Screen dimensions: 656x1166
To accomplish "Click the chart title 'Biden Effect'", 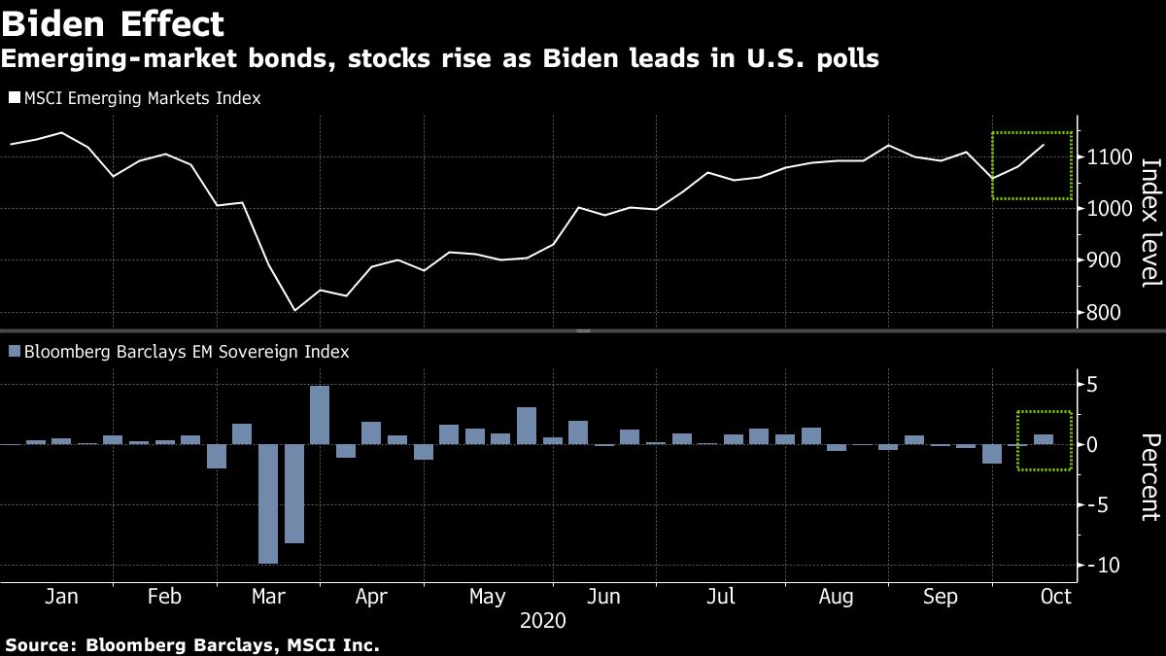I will click(114, 22).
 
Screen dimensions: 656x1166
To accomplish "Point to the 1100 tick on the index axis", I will click(1109, 157).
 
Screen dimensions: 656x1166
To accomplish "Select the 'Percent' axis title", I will click(1150, 477).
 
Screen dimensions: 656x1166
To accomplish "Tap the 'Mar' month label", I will click(268, 597).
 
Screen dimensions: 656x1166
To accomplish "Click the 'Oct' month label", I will click(1057, 597).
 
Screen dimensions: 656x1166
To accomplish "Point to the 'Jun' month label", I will click(604, 597).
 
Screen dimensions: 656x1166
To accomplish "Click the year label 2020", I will click(544, 620).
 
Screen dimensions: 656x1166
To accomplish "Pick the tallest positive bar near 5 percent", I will click(320, 415).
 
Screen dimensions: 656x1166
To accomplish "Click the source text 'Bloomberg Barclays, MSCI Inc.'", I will click(232, 644).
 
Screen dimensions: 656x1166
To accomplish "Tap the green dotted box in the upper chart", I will click(1031, 133).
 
